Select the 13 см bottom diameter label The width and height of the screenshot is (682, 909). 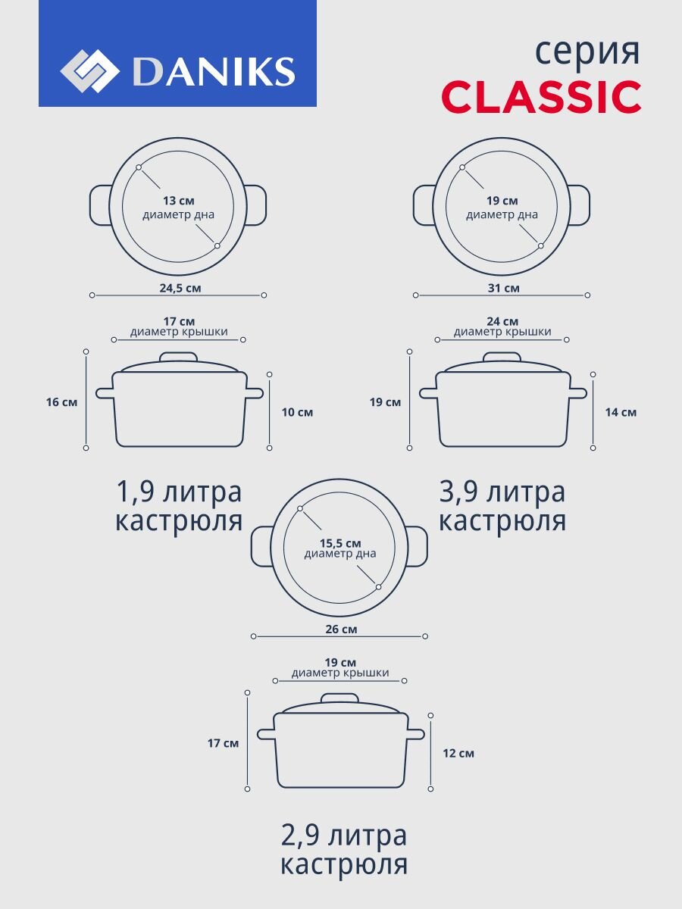point(179,201)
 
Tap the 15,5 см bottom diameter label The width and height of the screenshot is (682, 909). point(340,543)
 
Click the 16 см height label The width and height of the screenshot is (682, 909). point(61,402)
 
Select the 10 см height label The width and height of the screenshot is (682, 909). point(297,412)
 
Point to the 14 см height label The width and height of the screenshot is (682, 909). point(621,412)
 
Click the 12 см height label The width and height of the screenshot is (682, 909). point(458,753)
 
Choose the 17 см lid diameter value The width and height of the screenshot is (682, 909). point(179,321)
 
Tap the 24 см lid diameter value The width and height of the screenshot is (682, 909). point(502,321)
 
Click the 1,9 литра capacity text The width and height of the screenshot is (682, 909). point(179,492)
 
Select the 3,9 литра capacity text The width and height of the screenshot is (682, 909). point(502,492)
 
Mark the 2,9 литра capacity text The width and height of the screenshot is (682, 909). point(344,836)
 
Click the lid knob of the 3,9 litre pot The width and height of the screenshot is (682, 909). point(502,358)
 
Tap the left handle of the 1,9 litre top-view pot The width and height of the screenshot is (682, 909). point(101,205)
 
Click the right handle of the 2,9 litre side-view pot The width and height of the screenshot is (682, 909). point(414,734)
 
